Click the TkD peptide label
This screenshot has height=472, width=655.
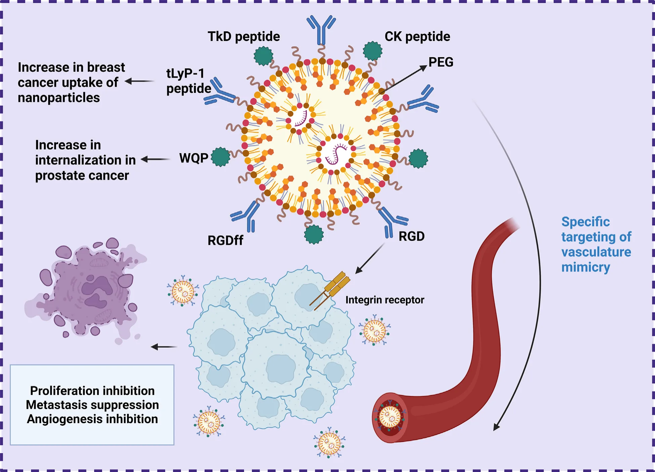[244, 36]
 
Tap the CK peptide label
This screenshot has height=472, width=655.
[417, 36]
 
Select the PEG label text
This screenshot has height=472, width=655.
[441, 62]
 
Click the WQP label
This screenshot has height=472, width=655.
[194, 158]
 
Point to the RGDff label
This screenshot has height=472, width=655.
[225, 240]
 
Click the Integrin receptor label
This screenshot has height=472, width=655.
[384, 300]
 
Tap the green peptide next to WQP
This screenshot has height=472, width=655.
[220, 157]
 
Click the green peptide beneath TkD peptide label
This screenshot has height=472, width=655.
[263, 56]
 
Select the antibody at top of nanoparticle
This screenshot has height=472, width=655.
[321, 30]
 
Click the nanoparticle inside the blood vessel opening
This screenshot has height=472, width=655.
[390, 417]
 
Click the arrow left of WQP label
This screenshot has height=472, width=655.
[155, 159]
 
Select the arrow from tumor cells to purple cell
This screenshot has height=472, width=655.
[164, 347]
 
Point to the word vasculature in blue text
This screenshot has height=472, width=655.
[596, 252]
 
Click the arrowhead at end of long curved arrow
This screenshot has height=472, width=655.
[496, 427]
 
